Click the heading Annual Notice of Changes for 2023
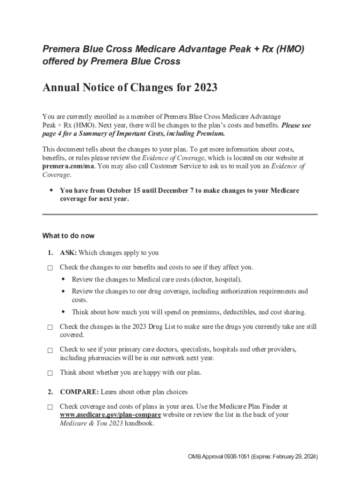click(x=130, y=87)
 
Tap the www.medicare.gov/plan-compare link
click(x=110, y=415)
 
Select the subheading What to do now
click(x=68, y=235)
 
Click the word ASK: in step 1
click(x=68, y=253)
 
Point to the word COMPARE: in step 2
click(x=79, y=392)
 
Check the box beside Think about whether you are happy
click(x=50, y=373)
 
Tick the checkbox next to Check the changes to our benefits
click(x=50, y=268)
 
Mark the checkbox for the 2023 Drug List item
click(x=50, y=328)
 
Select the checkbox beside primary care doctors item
click(x=50, y=350)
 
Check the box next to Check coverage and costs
click(x=50, y=407)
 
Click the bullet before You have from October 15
click(x=51, y=190)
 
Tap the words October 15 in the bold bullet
click(x=124, y=190)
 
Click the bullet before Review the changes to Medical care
click(x=63, y=280)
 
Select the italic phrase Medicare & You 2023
click(x=91, y=423)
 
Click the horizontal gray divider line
click(x=180, y=214)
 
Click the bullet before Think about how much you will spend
click(x=63, y=312)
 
